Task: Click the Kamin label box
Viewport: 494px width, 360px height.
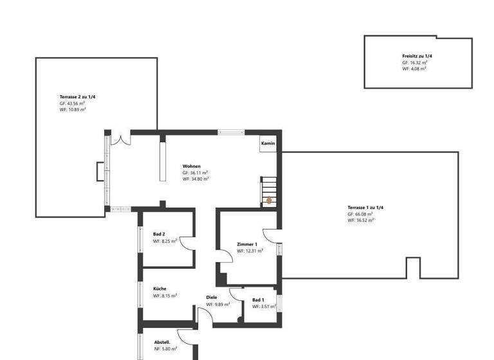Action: (x=268, y=143)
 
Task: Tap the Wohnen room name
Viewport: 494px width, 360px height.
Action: (x=192, y=166)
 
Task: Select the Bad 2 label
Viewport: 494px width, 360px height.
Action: (x=159, y=234)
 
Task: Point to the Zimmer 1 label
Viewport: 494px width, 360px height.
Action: (x=247, y=244)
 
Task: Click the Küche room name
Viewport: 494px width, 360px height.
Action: (x=160, y=289)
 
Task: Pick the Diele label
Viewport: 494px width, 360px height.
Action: (x=212, y=297)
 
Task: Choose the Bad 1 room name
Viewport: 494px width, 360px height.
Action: (x=258, y=300)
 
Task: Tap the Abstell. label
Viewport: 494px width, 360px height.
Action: (x=162, y=341)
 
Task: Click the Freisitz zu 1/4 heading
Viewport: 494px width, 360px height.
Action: (x=417, y=57)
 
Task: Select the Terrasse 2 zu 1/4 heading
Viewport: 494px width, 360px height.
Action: (x=77, y=96)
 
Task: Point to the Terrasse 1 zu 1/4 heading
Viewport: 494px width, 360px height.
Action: (x=365, y=208)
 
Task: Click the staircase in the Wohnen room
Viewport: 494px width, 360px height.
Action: (x=268, y=191)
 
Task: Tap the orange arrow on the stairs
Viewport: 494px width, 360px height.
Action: (x=269, y=201)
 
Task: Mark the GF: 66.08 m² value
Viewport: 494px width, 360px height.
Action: (x=360, y=214)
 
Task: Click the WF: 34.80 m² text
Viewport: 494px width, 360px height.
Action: (x=196, y=179)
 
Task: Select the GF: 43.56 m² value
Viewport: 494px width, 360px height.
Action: (x=72, y=103)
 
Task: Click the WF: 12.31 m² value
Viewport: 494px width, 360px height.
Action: (x=250, y=251)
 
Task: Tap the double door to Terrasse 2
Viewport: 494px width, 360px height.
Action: (x=120, y=138)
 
